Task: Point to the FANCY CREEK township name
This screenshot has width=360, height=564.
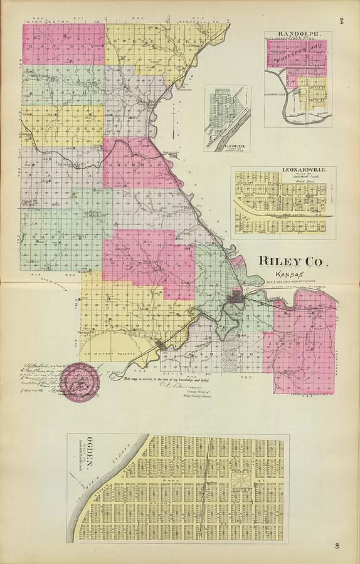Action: [63, 128]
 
